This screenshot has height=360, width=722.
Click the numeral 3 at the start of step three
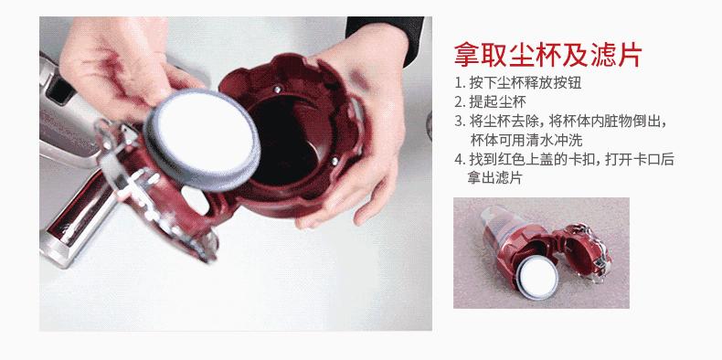pyautogui.click(x=459, y=122)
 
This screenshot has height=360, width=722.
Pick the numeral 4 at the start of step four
pyautogui.click(x=459, y=160)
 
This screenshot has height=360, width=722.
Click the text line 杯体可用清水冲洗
pyautogui.click(x=525, y=141)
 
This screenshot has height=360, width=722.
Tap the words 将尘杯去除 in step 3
pyautogui.click(x=503, y=122)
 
